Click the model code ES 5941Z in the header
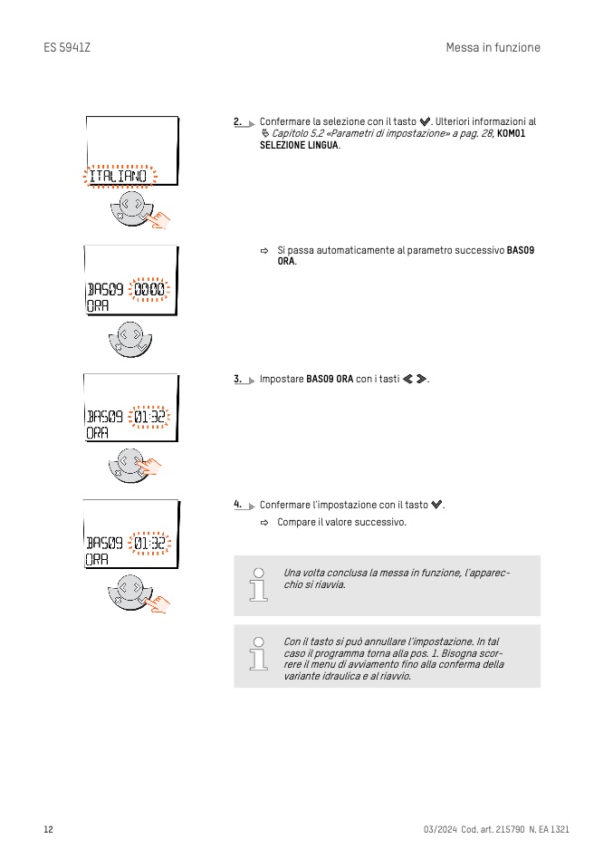tap(67, 48)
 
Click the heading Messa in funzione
tap(493, 48)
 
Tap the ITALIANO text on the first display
tap(119, 176)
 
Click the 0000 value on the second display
tap(149, 289)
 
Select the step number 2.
tap(237, 121)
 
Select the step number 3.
tap(237, 379)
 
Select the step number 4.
tap(237, 505)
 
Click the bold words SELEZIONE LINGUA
tap(299, 145)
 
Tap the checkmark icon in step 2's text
tap(425, 121)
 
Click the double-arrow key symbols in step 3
tap(415, 379)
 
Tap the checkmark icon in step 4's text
tap(436, 505)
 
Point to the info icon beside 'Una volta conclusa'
tap(258, 584)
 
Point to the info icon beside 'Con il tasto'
tap(258, 654)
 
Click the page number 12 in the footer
tap(49, 829)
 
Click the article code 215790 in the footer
tap(510, 829)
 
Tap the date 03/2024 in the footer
tap(440, 829)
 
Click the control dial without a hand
tap(130, 339)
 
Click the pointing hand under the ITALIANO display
tap(158, 218)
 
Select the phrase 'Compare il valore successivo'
tap(341, 522)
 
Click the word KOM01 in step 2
tap(511, 133)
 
